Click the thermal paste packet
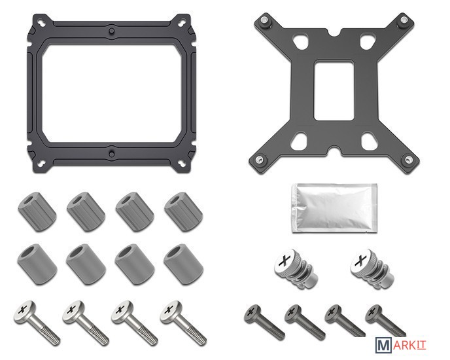334,208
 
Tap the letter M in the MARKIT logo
383,345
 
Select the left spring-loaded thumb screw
295,269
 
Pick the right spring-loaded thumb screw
372,269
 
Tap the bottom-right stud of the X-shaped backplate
407,160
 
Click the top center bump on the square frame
112,31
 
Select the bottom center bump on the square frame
111,154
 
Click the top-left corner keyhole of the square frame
42,22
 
